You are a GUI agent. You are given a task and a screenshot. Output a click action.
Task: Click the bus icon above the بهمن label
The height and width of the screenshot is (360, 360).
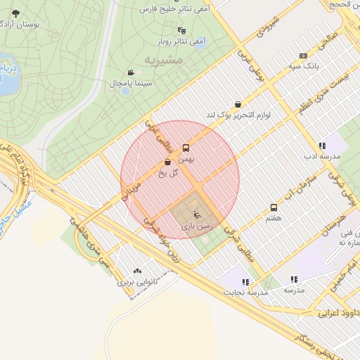point(186,148)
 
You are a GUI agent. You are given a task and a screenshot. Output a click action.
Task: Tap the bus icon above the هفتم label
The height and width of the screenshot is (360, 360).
point(274,207)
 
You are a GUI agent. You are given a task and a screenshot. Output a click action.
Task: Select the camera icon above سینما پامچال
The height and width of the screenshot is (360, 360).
point(131,72)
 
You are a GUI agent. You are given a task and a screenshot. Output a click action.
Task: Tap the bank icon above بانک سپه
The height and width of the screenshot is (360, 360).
point(303,56)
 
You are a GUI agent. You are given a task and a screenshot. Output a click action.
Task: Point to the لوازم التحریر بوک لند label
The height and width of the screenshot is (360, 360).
point(238,114)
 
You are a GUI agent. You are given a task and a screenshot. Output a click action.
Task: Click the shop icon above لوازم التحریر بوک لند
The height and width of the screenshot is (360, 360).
point(238,103)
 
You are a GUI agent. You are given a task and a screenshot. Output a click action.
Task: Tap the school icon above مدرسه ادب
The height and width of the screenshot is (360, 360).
point(321,146)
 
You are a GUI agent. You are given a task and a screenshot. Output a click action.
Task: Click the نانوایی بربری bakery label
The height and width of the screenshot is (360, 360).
point(136,281)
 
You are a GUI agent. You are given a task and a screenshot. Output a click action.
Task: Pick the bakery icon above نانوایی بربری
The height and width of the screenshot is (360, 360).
point(136,270)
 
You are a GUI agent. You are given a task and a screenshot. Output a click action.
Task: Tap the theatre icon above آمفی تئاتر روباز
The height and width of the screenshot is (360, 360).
point(183,30)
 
